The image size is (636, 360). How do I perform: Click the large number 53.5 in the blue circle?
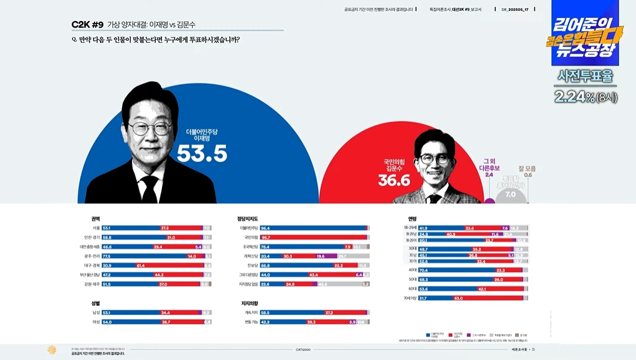[x=202, y=154]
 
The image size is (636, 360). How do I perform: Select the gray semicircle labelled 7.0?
[x=510, y=192]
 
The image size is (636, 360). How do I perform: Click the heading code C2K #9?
[x=87, y=25]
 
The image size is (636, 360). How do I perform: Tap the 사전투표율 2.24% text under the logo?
[x=585, y=86]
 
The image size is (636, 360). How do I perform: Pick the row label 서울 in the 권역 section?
[x=96, y=228]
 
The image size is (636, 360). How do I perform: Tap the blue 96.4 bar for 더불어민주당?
[x=313, y=228]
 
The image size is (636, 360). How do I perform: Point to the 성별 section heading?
[x=95, y=303]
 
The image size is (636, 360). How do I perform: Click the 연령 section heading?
[x=412, y=219]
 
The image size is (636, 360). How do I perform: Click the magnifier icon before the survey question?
[x=74, y=40]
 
